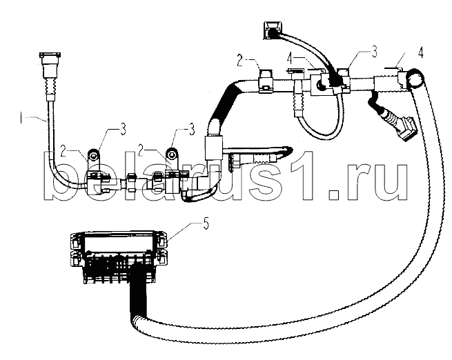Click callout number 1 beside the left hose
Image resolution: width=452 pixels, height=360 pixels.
click(21, 118)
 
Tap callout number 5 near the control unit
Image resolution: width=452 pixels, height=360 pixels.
click(206, 224)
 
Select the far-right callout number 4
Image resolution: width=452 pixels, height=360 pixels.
click(420, 52)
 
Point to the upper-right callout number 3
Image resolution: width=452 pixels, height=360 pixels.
click(374, 52)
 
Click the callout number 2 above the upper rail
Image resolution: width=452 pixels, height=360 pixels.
click(241, 61)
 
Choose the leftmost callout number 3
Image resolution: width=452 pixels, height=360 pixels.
click(123, 130)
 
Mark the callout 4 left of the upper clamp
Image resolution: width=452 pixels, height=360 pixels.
click(291, 59)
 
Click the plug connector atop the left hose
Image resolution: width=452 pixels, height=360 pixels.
click(49, 65)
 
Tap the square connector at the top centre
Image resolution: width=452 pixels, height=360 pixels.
click(272, 30)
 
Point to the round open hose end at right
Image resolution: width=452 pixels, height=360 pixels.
click(415, 78)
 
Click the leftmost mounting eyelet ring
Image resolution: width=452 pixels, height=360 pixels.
click(93, 156)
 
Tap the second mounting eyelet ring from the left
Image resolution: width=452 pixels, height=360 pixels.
click(172, 154)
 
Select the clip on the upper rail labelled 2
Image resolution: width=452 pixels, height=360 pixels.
click(266, 81)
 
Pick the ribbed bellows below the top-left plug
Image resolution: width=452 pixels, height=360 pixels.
click(50, 86)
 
